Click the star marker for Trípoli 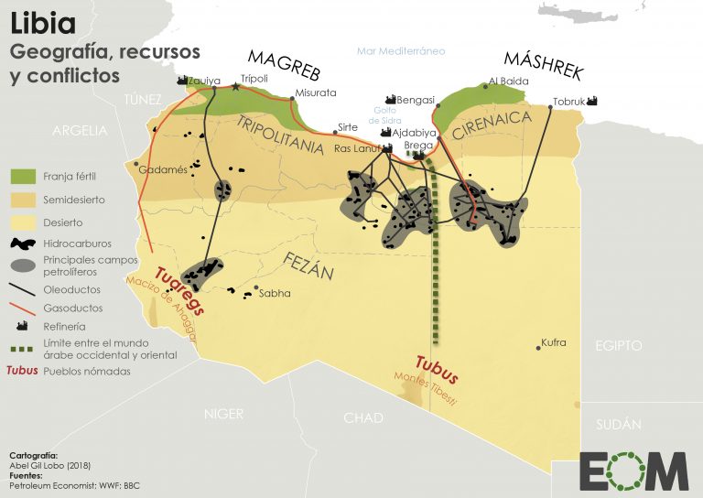click(x=237, y=88)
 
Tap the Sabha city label click(x=275, y=294)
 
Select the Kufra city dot click(x=537, y=347)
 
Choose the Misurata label click(x=317, y=92)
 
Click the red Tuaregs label click(x=180, y=290)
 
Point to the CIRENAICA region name click(x=492, y=127)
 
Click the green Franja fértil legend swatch click(x=24, y=175)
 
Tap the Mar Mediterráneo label click(x=401, y=51)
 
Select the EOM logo click(x=633, y=470)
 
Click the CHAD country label click(x=363, y=417)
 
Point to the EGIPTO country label click(x=619, y=346)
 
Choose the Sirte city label click(x=348, y=127)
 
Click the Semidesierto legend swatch click(x=24, y=199)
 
